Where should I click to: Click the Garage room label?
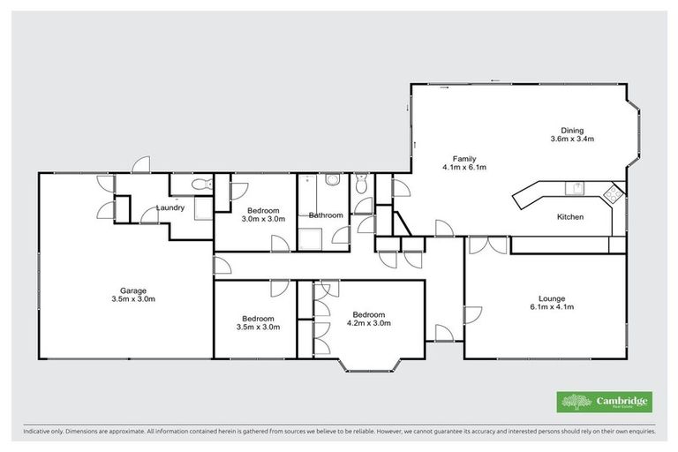(x=133, y=290)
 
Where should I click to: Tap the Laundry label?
(x=169, y=208)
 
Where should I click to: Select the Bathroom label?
(x=325, y=215)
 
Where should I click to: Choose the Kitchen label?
(x=569, y=216)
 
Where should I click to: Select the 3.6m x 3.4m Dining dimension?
(x=572, y=139)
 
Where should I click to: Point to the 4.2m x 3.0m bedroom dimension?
(x=368, y=323)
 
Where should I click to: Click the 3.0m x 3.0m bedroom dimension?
(x=263, y=219)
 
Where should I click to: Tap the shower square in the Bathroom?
(x=310, y=238)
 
